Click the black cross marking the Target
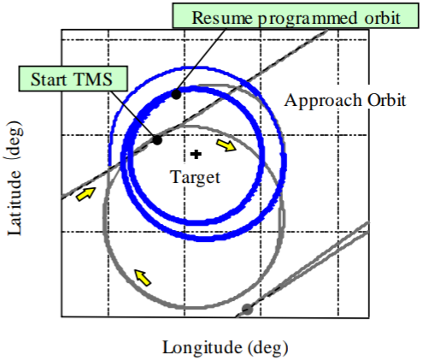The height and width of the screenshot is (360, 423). pyautogui.click(x=196, y=154)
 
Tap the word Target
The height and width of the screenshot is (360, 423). pyautogui.click(x=196, y=177)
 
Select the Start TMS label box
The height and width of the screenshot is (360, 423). pyautogui.click(x=73, y=79)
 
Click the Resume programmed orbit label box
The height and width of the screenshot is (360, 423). pyautogui.click(x=296, y=15)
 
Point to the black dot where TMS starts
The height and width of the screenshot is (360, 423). pyautogui.click(x=157, y=140)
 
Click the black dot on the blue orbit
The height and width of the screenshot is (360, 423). pyautogui.click(x=176, y=94)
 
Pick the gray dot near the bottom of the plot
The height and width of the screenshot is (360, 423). pyautogui.click(x=247, y=310)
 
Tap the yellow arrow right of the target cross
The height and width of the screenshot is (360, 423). pyautogui.click(x=226, y=145)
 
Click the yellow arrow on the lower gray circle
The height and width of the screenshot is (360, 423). pyautogui.click(x=143, y=277)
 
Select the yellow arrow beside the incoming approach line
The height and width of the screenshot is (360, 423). pyautogui.click(x=85, y=194)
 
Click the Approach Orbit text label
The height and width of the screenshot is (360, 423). pyautogui.click(x=345, y=101)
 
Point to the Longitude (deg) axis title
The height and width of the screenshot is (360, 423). pyautogui.click(x=226, y=348)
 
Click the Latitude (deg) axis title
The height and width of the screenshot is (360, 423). pyautogui.click(x=15, y=178)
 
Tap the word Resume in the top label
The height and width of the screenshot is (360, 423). pyautogui.click(x=222, y=18)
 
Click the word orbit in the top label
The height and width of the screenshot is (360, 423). pyautogui.click(x=383, y=18)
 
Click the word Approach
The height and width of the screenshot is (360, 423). pyautogui.click(x=323, y=101)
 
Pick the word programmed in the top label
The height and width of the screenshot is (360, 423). pyautogui.click(x=308, y=19)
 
